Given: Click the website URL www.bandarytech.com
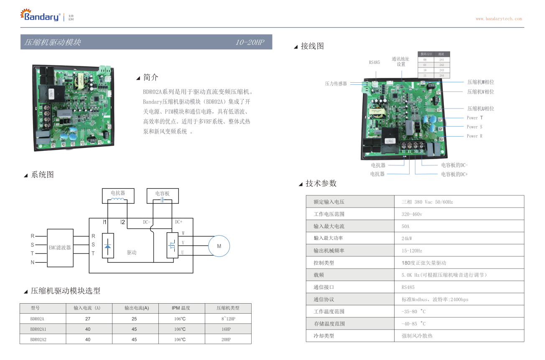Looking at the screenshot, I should point(499,19).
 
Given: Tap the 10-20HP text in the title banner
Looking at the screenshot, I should point(250,42).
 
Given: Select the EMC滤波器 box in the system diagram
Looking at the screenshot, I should point(60,248).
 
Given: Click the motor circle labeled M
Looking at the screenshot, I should point(219,246).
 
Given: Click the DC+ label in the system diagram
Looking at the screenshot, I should point(178,222).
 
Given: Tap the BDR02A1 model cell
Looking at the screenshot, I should point(38,329).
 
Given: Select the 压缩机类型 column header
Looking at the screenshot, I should point(228,308).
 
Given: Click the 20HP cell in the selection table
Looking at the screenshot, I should point(226,340).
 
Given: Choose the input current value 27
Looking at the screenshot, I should point(88,319).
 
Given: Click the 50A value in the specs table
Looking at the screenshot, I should point(405,226).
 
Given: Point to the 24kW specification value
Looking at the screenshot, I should point(407,238).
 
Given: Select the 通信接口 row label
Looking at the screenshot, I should point(324,287).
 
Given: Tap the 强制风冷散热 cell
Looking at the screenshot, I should point(417,336).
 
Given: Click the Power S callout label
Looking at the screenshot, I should point(474,127).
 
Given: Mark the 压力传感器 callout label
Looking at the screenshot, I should point(336,84).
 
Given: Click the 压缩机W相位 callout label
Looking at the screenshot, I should point(481,82).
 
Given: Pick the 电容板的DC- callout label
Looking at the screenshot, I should point(454,165).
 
